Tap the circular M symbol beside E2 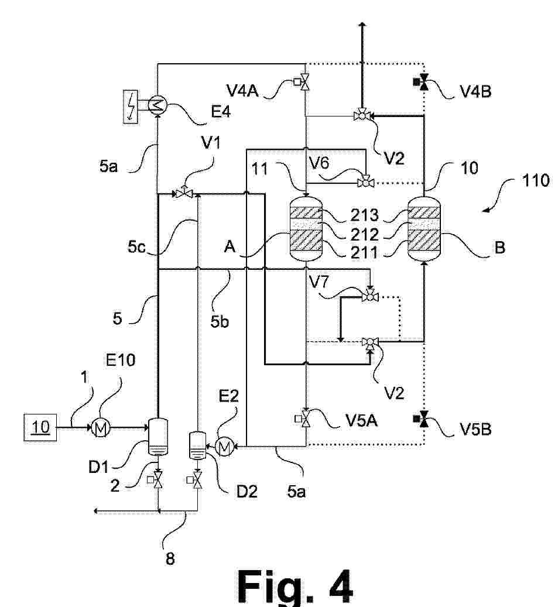(224, 447)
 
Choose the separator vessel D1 (157, 438)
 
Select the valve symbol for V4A (305, 83)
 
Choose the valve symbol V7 (369, 297)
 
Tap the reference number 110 (533, 180)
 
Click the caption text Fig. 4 (295, 586)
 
